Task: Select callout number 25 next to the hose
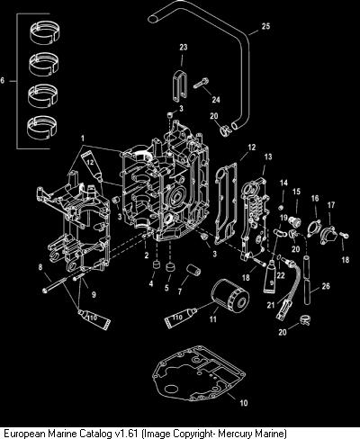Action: tap(265, 26)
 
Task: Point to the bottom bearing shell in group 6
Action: tap(42, 127)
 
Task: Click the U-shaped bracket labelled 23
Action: tap(180, 85)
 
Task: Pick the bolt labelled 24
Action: tap(201, 83)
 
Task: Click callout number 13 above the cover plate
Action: tap(268, 157)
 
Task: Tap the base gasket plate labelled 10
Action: tap(199, 372)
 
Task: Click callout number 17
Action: tap(331, 205)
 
